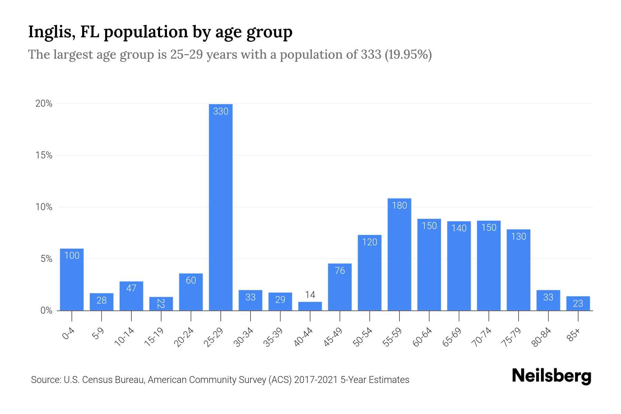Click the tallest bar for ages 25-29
coord(221,207)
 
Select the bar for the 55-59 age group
coord(400,255)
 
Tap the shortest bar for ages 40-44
coord(310,306)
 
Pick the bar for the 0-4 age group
coord(72,279)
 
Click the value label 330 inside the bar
coord(221,111)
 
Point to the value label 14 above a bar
coord(310,295)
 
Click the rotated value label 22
coord(161,304)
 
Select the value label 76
coord(340,271)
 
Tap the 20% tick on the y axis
coord(44,104)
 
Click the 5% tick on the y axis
coord(46,259)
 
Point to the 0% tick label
coord(46,311)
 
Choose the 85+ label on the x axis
coord(574,335)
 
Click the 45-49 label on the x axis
coord(333,337)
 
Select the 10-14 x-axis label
coord(125,337)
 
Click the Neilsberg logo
coord(552,376)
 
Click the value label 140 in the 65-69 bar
coord(459,228)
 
